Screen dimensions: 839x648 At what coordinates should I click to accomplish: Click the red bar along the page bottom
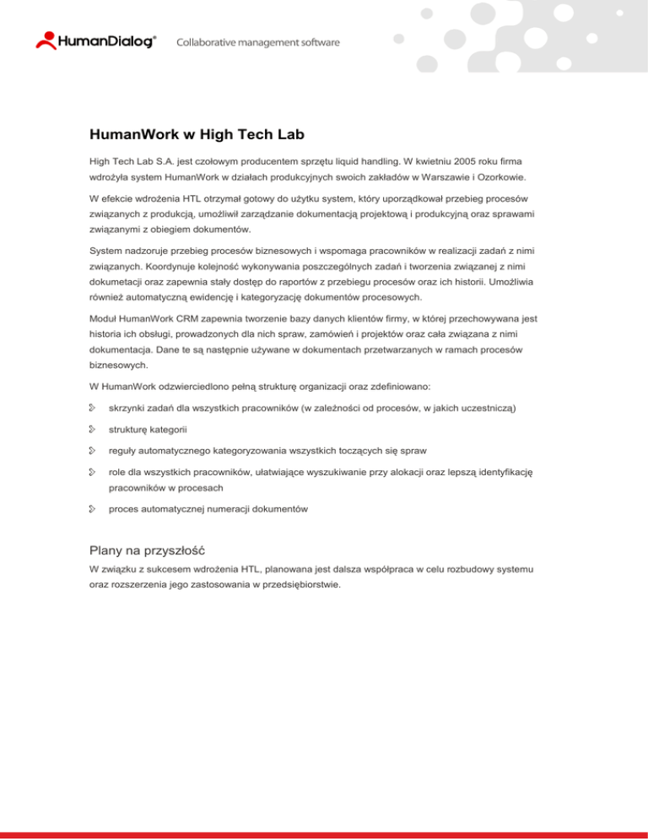(324, 835)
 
